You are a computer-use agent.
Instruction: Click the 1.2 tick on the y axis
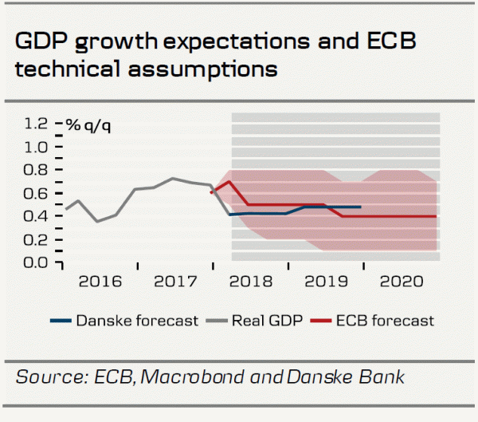coord(37,124)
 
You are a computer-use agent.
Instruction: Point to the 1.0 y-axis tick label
coord(37,147)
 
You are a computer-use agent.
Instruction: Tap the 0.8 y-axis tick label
coord(37,170)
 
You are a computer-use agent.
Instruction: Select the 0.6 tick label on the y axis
coord(37,193)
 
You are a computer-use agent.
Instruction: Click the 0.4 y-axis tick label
coord(37,216)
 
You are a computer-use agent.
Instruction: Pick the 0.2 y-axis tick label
coord(37,239)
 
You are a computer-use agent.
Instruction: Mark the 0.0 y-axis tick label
coord(37,262)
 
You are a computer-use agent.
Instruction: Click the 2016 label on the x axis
coord(100,282)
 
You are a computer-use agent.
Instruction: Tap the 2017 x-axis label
coord(175,282)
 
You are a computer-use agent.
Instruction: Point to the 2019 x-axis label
coord(325,282)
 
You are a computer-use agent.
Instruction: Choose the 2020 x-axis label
coord(402,282)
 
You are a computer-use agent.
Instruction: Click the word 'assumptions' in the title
coord(204,69)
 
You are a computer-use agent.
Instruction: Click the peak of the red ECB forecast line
coord(229,181)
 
